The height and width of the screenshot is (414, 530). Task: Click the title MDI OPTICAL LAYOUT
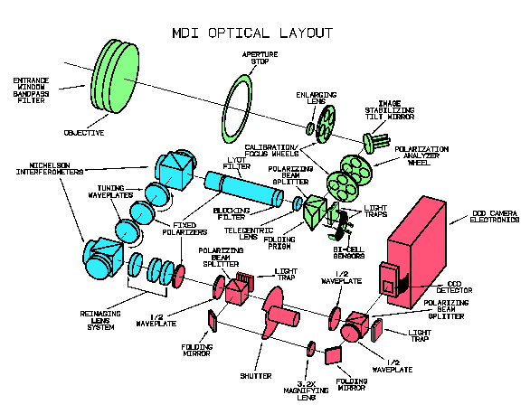pyautogui.click(x=252, y=33)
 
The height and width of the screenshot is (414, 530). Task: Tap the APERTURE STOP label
pyautogui.click(x=260, y=58)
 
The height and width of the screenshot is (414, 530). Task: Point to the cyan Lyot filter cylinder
pyautogui.click(x=243, y=188)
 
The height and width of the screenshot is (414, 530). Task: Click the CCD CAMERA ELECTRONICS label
pyautogui.click(x=495, y=216)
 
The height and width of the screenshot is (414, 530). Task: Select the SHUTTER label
pyautogui.click(x=256, y=376)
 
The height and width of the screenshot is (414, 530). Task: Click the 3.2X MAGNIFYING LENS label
pyautogui.click(x=306, y=390)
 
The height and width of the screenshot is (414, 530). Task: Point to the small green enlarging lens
pyautogui.click(x=310, y=128)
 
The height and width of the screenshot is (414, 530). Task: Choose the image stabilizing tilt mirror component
pyautogui.click(x=375, y=142)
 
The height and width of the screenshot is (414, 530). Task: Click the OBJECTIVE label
pyautogui.click(x=84, y=133)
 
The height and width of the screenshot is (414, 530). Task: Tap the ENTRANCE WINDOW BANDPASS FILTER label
pyautogui.click(x=31, y=90)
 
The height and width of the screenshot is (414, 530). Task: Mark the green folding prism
pyautogui.click(x=315, y=212)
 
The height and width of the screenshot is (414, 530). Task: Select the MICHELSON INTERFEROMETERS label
pyautogui.click(x=50, y=168)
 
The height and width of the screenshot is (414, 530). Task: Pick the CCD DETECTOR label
pyautogui.click(x=454, y=287)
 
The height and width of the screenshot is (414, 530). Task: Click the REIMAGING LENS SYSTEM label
pyautogui.click(x=100, y=321)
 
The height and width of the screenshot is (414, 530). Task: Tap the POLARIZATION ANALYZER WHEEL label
pyautogui.click(x=421, y=155)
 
